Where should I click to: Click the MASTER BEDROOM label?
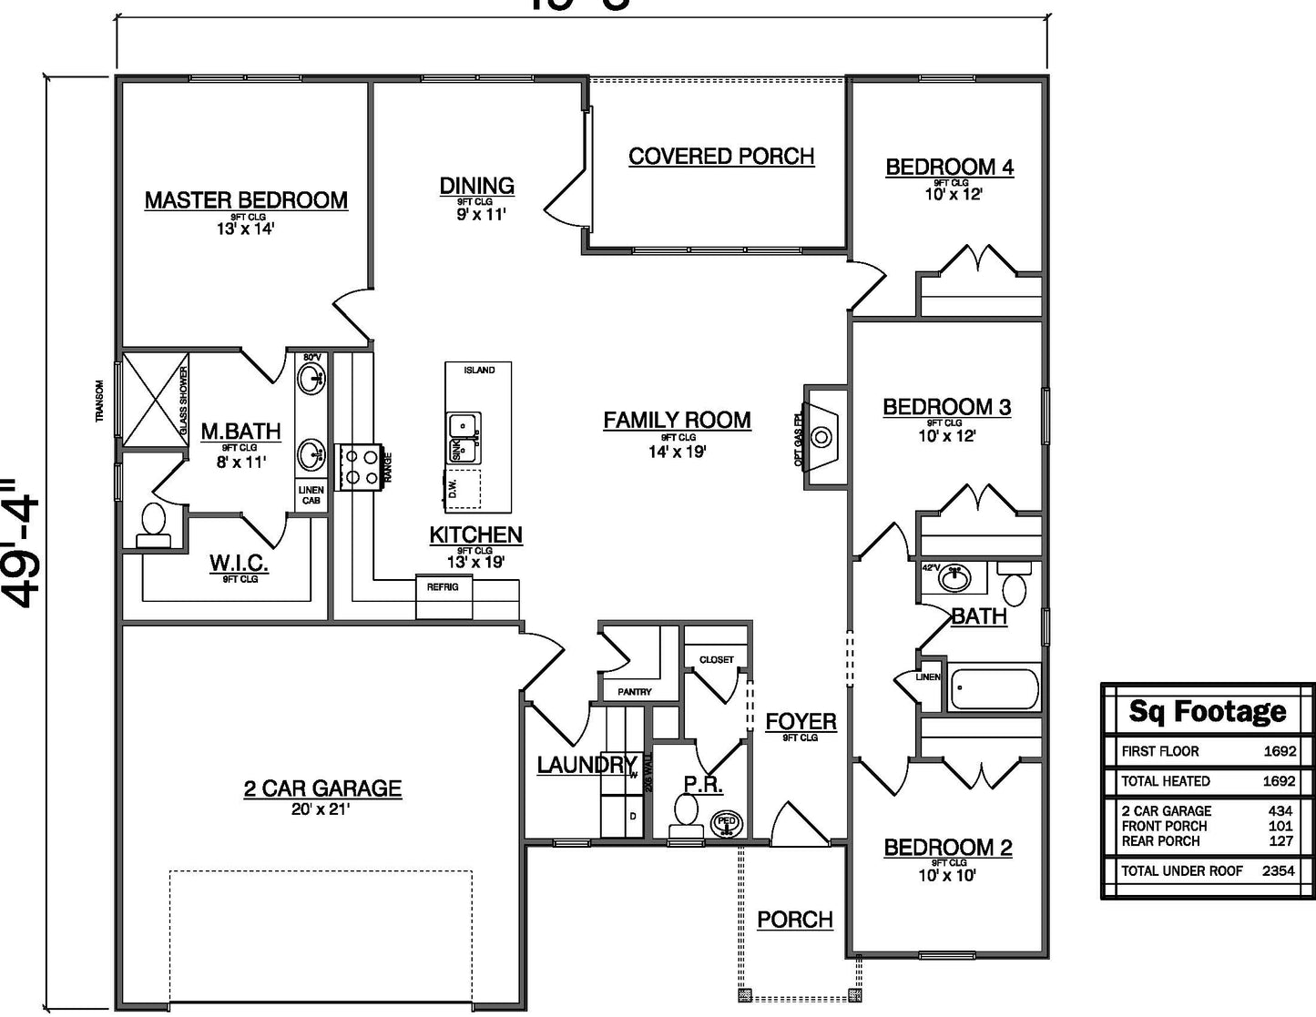[x=246, y=200]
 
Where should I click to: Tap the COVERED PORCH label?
[x=721, y=157]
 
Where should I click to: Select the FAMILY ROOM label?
[x=677, y=421]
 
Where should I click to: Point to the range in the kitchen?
[x=359, y=466]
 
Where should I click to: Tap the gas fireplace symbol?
[x=821, y=437]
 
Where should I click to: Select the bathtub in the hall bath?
[x=994, y=688]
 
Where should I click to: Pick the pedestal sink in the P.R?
[x=727, y=822]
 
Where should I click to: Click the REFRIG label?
[x=443, y=587]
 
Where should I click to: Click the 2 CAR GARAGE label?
[x=322, y=788]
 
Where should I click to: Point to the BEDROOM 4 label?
[x=949, y=168]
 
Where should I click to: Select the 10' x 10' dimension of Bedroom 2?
[x=947, y=876]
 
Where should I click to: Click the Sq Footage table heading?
[x=1208, y=711]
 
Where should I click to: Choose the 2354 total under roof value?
[x=1279, y=871]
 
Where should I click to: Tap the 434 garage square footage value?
[x=1280, y=811]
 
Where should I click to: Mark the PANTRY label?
[x=634, y=692]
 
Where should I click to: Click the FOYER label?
[x=801, y=722]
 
